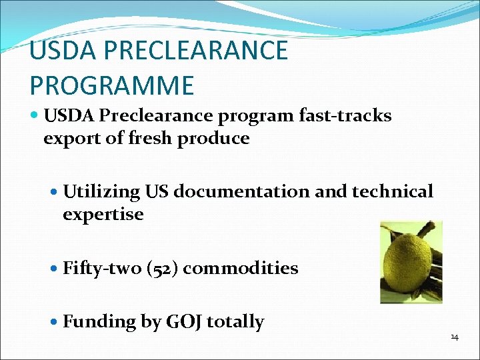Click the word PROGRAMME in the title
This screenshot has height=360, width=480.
pos(111,85)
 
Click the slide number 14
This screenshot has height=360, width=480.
pos(454,337)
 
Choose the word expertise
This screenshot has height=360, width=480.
pos(103,215)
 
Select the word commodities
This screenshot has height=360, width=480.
pos(241,268)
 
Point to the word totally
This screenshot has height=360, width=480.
pos(235,322)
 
